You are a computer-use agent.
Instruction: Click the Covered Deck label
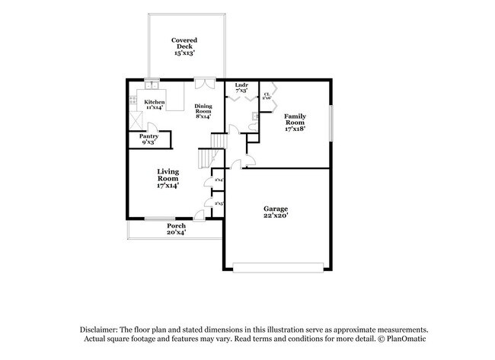pyautogui.click(x=184, y=43)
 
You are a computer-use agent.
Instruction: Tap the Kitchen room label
pyautogui.click(x=155, y=102)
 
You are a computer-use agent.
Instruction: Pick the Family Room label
pyautogui.click(x=295, y=119)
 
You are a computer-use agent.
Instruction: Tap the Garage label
pyautogui.click(x=276, y=209)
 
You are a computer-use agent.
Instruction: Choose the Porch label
pyautogui.click(x=176, y=225)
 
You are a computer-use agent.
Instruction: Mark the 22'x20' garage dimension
pyautogui.click(x=276, y=217)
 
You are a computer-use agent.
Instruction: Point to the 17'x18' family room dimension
pyautogui.click(x=295, y=130)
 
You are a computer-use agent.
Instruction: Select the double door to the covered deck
pyautogui.click(x=205, y=82)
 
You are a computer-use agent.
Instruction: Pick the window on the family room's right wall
pyautogui.click(x=331, y=122)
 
